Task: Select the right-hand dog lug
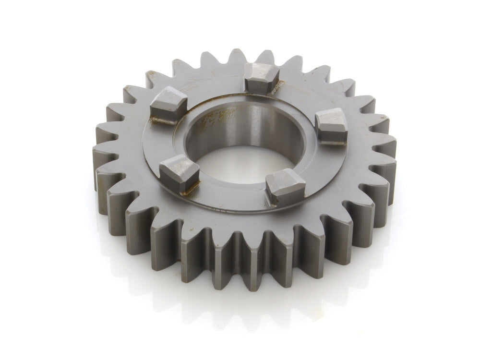click(331, 126)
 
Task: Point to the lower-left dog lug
click(179, 173)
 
